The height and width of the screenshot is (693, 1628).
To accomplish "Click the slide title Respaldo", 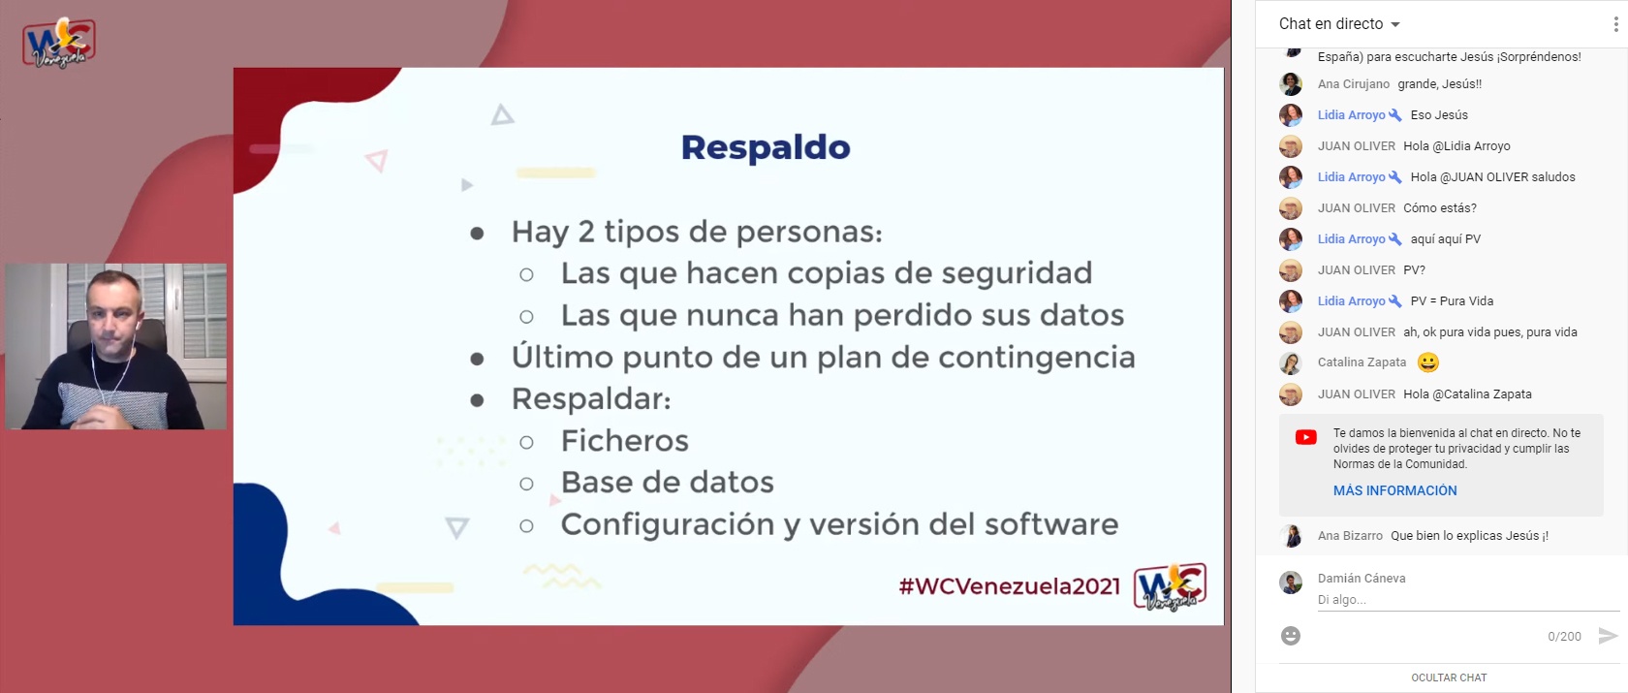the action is coord(766,147).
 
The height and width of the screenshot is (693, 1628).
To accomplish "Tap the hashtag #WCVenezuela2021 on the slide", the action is coord(1009,586).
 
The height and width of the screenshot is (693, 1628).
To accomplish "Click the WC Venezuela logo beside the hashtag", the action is coord(1171,586).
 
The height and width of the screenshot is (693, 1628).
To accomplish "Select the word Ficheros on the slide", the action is coord(624,441).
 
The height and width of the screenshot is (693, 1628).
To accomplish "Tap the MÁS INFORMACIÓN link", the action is coord(1394,490).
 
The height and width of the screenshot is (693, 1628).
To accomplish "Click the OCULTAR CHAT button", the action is coord(1449,677).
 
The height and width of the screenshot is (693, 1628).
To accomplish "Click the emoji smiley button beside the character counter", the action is coord(1290,636).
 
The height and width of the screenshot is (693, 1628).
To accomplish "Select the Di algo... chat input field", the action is coord(1468,600).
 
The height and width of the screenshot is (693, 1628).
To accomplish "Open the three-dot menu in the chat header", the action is coord(1614,24).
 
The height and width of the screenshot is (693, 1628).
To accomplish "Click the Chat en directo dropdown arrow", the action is coord(1395,25).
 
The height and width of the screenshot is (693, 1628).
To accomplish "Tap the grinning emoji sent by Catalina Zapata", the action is coord(1428,362).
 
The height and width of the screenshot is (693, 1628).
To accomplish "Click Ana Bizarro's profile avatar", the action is coord(1291,536).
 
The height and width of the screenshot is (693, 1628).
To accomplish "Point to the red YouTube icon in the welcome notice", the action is coord(1306,437).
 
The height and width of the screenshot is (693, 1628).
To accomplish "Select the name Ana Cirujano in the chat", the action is coord(1353,84).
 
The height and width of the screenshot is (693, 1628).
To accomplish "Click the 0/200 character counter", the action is coord(1564,636).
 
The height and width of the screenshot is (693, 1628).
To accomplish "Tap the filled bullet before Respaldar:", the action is coord(477,400).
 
